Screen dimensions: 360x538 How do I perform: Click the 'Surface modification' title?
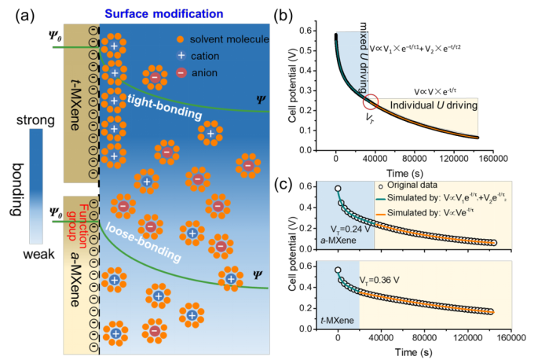[x=164, y=13]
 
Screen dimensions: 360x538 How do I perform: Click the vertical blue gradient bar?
[x=36, y=186]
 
